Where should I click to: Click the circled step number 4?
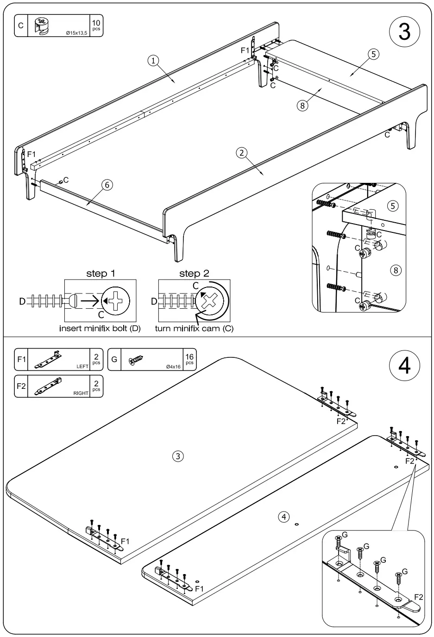pos(404,365)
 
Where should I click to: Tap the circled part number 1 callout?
pos(153,60)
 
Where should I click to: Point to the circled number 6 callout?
pos(107,185)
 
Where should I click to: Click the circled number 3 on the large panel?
pos(178,456)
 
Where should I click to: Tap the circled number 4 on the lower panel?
pos(284,517)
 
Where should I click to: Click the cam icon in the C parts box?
pos(42,26)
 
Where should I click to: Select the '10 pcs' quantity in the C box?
pos(96,25)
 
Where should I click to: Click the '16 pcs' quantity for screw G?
pos(189,359)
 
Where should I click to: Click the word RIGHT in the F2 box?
pos(81,393)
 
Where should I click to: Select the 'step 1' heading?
pos(101,274)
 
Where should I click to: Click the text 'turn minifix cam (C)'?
pos(194,329)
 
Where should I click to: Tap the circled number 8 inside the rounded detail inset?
pos(395,270)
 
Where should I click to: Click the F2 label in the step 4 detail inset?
pos(418,597)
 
